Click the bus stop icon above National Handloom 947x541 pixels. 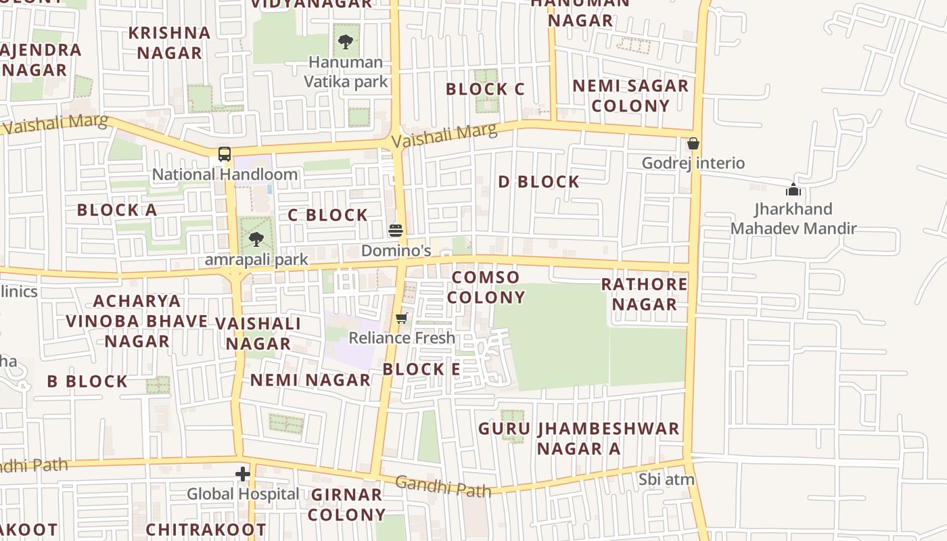click(225, 154)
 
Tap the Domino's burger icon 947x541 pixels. click(396, 231)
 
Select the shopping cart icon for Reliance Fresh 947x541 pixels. click(402, 318)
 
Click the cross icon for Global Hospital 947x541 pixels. click(243, 474)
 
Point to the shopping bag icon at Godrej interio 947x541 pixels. click(693, 143)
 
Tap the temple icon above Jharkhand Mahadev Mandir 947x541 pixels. click(793, 189)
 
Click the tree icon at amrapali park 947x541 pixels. click(256, 239)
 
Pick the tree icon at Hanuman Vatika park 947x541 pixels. click(346, 42)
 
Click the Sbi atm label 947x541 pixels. click(667, 479)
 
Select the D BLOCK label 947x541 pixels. click(538, 181)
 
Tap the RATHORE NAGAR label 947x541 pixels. click(644, 294)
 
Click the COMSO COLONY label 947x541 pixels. click(486, 287)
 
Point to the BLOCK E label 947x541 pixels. click(421, 369)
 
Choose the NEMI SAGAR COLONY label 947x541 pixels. click(630, 95)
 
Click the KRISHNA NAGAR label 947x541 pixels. click(170, 43)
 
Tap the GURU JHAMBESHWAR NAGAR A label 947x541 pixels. click(578, 438)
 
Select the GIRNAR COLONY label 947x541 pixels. click(347, 504)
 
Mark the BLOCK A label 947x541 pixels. click(117, 210)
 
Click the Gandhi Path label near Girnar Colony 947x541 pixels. click(443, 486)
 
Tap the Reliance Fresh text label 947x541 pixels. click(402, 337)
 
